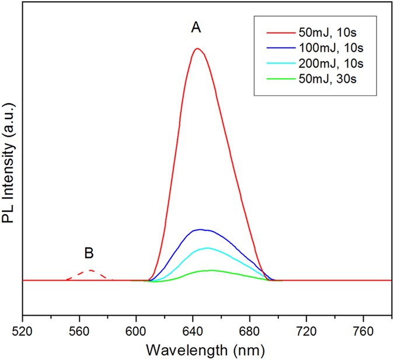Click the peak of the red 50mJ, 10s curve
(x=197, y=48)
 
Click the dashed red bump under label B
(x=90, y=271)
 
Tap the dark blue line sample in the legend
(x=269, y=58)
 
